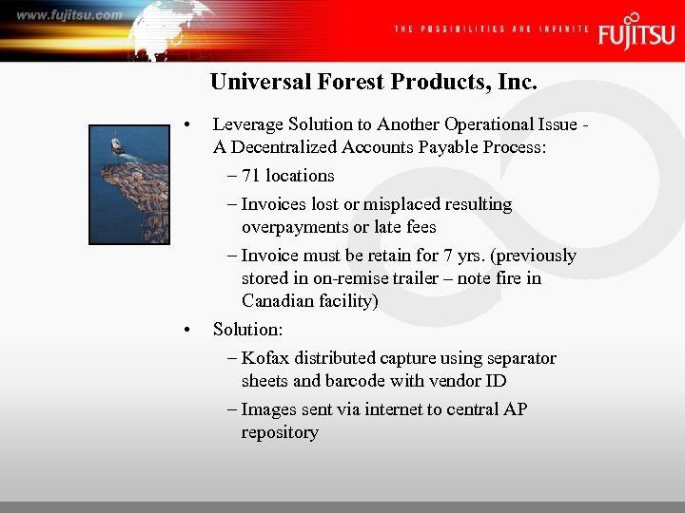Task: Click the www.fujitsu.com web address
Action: tap(69, 14)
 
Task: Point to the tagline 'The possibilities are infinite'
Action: tap(491, 29)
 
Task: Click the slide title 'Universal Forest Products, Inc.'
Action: tap(374, 82)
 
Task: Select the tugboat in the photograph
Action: tap(116, 145)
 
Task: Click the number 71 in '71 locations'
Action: tap(251, 176)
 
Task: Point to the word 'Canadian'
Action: tap(277, 301)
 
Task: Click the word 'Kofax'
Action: tap(264, 358)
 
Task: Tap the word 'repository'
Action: tap(280, 432)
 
